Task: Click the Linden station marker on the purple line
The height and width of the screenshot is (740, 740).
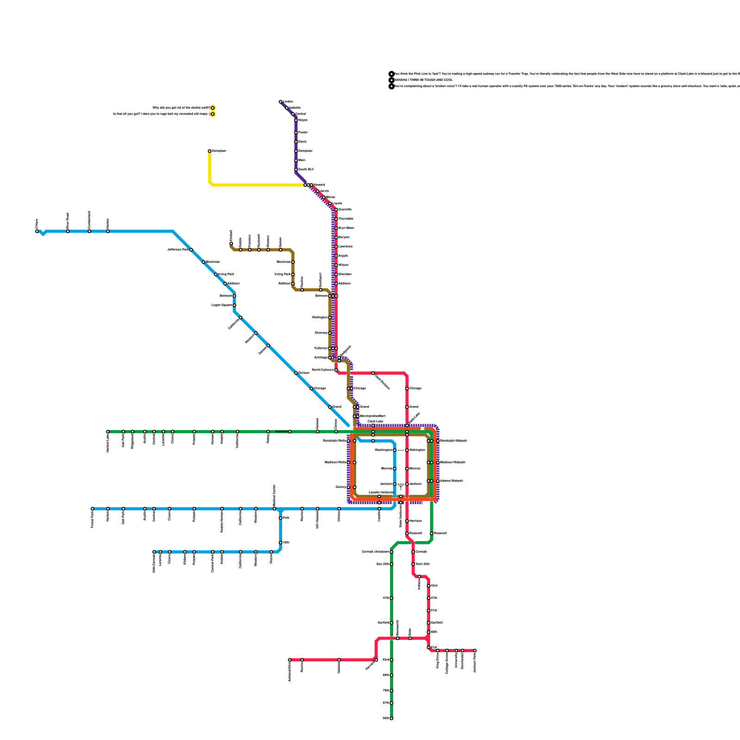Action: pyautogui.click(x=281, y=102)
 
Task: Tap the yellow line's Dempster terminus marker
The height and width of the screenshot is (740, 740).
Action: pyautogui.click(x=210, y=151)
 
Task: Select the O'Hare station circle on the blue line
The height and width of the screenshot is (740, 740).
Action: pyautogui.click(x=37, y=231)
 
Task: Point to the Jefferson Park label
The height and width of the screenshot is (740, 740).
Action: pyautogui.click(x=178, y=250)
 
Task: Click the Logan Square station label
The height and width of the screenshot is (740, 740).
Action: pyautogui.click(x=222, y=305)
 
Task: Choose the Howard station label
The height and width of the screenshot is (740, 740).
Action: pyautogui.click(x=319, y=185)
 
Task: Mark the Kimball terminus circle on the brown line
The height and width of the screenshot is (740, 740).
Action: pyautogui.click(x=231, y=243)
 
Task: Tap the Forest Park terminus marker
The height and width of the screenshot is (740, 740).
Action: pyautogui.click(x=92, y=509)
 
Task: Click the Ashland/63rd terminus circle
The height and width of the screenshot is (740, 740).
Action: pyautogui.click(x=290, y=660)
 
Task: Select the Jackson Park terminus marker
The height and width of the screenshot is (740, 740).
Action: pyautogui.click(x=475, y=651)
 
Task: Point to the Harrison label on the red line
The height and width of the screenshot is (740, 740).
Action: pyautogui.click(x=415, y=521)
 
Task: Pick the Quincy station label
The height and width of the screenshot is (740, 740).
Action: pyautogui.click(x=341, y=487)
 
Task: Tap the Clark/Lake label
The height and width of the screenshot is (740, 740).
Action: pyautogui.click(x=376, y=421)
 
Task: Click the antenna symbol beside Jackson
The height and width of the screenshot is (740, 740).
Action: pyautogui.click(x=401, y=486)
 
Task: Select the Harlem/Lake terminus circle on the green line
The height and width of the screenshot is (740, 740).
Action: pyautogui.click(x=108, y=432)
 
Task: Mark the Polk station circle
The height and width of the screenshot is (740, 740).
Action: pyautogui.click(x=281, y=518)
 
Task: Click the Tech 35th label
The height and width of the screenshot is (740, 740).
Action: pyautogui.click(x=422, y=564)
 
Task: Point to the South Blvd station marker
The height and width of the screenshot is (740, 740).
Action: pyautogui.click(x=296, y=170)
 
